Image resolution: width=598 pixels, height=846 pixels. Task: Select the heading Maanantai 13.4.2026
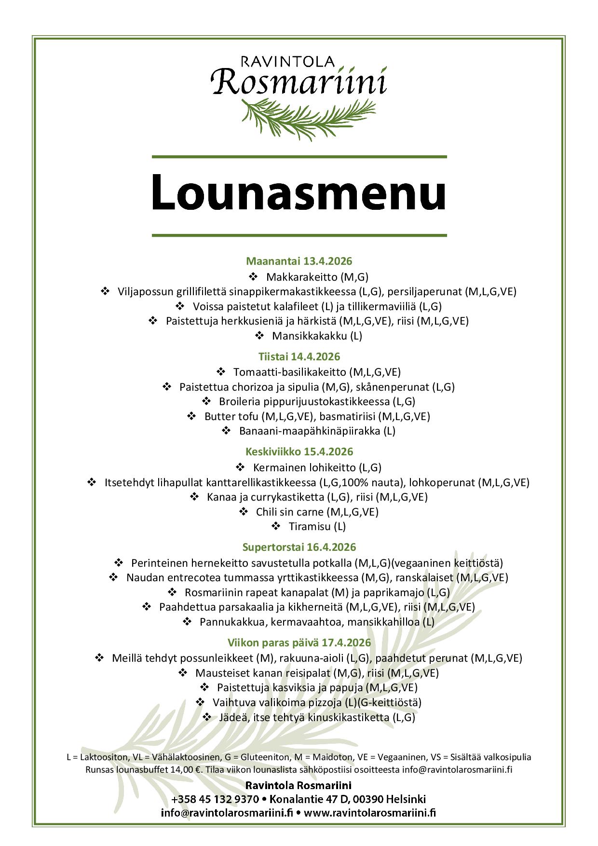coord(299,261)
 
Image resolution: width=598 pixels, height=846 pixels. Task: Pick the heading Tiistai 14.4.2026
coord(299,356)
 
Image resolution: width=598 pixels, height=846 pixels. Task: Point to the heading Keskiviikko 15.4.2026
coord(299,451)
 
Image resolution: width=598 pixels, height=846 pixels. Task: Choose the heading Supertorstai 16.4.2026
coord(299,547)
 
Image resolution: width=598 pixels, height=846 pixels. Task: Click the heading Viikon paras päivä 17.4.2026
coord(299,642)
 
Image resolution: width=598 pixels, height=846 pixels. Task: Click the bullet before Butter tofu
coord(191,416)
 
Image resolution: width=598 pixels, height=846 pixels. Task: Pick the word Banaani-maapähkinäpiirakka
coord(310,431)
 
